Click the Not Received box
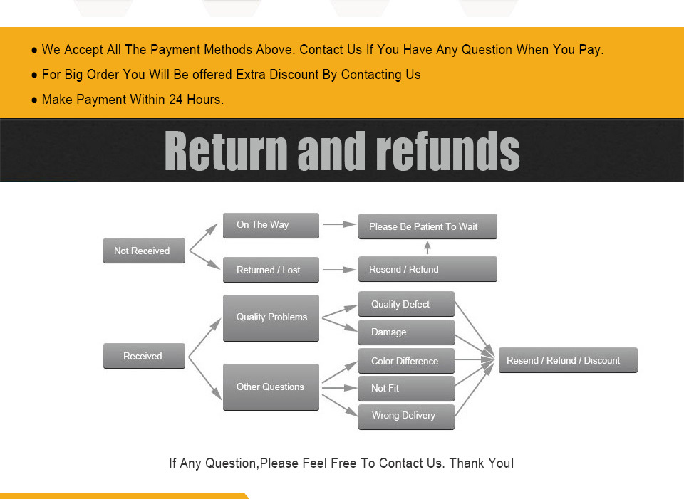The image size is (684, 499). click(x=144, y=251)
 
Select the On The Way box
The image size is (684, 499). click(x=271, y=225)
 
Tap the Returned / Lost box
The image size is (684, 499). click(x=271, y=270)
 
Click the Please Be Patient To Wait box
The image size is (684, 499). click(x=427, y=226)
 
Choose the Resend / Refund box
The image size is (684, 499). click(x=427, y=269)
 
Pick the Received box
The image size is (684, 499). click(x=144, y=356)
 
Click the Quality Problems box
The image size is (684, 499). click(x=271, y=317)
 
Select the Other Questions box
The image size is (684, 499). click(x=271, y=387)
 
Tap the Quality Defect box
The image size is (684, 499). click(x=405, y=304)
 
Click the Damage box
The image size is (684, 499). click(x=405, y=332)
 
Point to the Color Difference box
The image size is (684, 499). click(x=405, y=361)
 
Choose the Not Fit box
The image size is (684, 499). click(x=405, y=388)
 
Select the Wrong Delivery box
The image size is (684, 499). click(x=405, y=416)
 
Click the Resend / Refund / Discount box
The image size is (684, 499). click(x=567, y=360)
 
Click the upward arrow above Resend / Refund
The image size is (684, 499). click(x=427, y=248)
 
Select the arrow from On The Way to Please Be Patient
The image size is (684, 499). click(x=339, y=224)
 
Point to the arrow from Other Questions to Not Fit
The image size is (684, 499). click(x=339, y=388)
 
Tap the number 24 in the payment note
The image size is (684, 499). click(x=176, y=100)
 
